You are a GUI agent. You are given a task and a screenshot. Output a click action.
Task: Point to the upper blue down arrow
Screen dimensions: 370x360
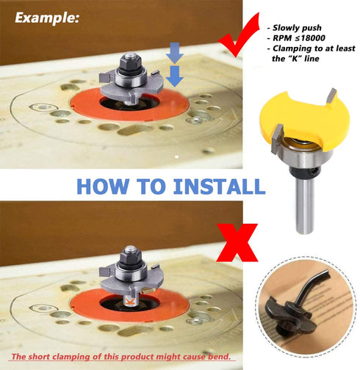pos(173,51)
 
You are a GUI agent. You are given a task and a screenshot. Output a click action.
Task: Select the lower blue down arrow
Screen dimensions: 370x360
pos(173,74)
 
